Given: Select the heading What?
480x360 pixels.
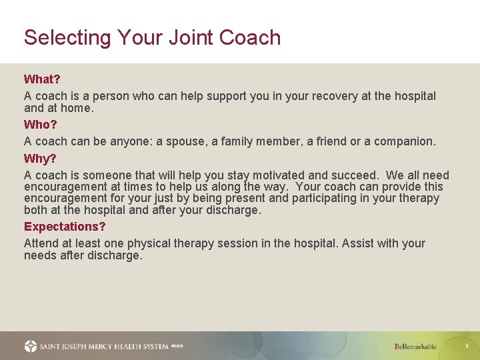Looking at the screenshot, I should pos(42,79).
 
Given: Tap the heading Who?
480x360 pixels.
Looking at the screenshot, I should pos(41,125).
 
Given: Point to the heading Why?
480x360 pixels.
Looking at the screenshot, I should pos(40,159).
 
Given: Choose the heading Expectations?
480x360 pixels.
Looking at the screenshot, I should pos(65,227).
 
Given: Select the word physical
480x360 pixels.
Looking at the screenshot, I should pos(163,243).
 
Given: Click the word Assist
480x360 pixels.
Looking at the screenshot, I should pos(359,243).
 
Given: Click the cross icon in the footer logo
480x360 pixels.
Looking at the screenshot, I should pos(31,346).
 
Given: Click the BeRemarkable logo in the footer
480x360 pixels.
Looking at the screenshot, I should pos(416,347).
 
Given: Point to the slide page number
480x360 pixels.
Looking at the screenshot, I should pos(467,347).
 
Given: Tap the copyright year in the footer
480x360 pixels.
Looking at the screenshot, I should pos(177,346).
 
